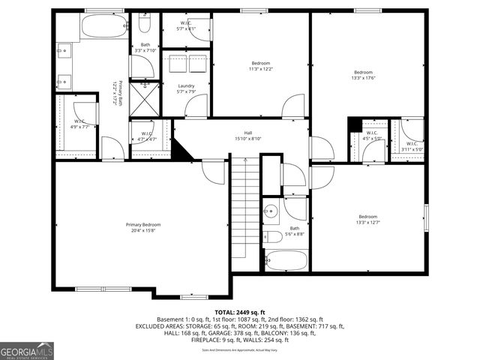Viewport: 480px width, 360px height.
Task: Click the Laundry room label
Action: click(186, 86)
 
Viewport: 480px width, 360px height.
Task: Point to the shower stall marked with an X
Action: click(144, 95)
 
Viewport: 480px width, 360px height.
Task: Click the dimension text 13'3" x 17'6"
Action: click(363, 78)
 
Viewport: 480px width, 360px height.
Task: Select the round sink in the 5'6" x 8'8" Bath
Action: click(271, 211)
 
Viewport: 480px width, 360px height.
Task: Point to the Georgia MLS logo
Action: click(27, 351)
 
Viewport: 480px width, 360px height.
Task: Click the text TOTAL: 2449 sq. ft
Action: click(239, 312)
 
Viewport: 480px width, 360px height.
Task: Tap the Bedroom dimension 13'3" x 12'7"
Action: click(367, 222)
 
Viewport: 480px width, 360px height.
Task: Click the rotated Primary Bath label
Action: click(114, 93)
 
